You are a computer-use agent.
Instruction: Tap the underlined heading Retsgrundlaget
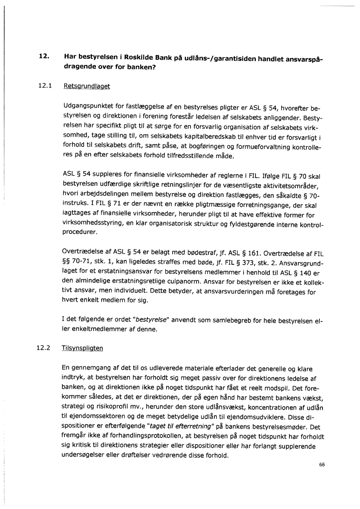(87, 86)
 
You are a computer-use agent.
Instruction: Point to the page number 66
(322, 464)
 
